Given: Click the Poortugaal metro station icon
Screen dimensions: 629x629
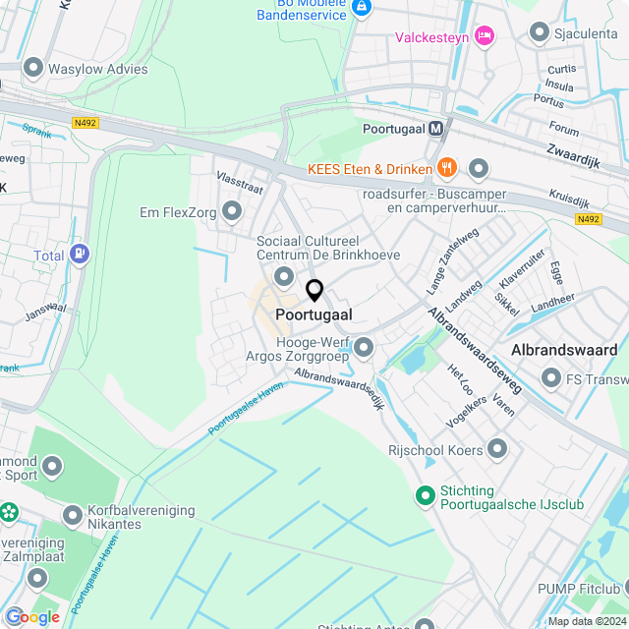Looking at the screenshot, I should (x=436, y=129).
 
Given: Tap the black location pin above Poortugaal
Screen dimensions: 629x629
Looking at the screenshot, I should (x=314, y=291).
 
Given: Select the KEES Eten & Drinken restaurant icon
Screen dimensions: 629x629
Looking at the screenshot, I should (x=446, y=168).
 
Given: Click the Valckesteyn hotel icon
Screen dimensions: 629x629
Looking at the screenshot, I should (x=484, y=37).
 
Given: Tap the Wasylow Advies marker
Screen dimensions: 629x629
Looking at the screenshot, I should (x=33, y=69).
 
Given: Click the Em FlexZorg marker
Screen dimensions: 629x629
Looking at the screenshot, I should (x=232, y=211).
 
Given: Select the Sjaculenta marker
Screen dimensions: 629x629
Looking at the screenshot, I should (x=539, y=33).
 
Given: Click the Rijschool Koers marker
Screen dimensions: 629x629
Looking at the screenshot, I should (x=498, y=449).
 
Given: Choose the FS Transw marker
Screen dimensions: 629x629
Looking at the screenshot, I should (x=550, y=378).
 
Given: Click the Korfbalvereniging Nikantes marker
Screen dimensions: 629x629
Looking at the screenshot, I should (x=73, y=515).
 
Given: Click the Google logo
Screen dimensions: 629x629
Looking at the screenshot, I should (x=31, y=616).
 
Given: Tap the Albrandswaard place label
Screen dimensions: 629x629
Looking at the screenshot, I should (x=564, y=350).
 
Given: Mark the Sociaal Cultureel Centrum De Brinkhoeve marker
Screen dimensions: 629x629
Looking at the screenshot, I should (x=285, y=276).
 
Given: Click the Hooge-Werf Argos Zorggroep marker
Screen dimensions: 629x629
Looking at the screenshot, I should (x=364, y=347).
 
